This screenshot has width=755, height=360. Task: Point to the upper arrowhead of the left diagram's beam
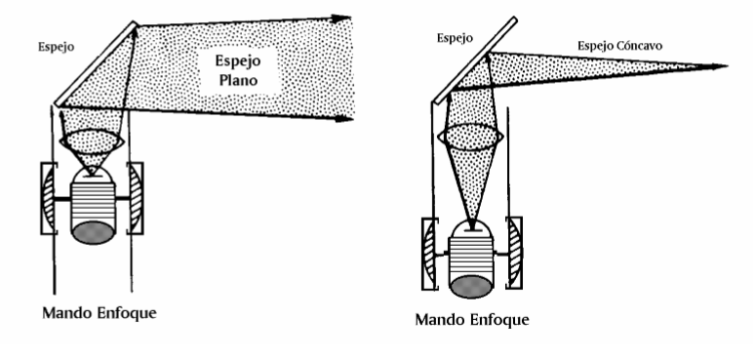pos(341,18)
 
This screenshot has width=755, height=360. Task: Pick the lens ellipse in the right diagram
pos(471,136)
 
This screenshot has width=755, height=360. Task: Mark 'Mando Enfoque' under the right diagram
pos(472,319)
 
